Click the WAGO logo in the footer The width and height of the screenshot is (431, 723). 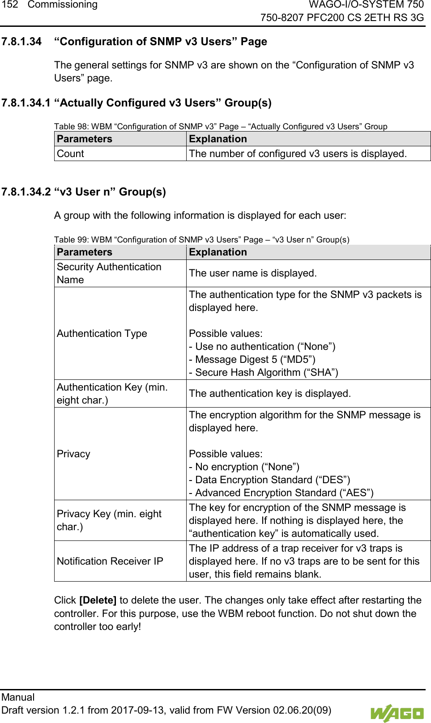pyautogui.click(x=397, y=713)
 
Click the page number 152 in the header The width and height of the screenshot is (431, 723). pyautogui.click(x=9, y=5)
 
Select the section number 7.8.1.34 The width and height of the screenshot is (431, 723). pyautogui.click(x=21, y=42)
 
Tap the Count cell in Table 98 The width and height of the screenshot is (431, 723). pyautogui.click(x=70, y=154)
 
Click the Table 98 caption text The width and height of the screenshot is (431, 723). pyautogui.click(x=220, y=127)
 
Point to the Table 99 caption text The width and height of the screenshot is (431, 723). pyautogui.click(x=201, y=240)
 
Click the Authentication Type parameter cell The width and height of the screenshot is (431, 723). pyautogui.click(x=102, y=334)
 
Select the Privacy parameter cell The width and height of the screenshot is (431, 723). pyautogui.click(x=73, y=454)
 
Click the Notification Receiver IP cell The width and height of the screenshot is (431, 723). pyautogui.click(x=110, y=561)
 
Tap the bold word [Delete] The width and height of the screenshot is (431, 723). pyautogui.click(x=98, y=600)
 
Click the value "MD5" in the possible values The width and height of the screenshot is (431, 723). pyautogui.click(x=298, y=360)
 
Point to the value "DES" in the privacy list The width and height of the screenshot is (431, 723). pyautogui.click(x=333, y=480)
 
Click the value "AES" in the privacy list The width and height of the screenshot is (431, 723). pyautogui.click(x=356, y=493)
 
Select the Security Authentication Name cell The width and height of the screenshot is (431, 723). pyautogui.click(x=109, y=273)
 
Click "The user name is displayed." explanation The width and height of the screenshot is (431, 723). pyautogui.click(x=252, y=273)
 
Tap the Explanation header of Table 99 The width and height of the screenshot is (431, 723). pyautogui.click(x=218, y=252)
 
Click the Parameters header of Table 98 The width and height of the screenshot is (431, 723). pyautogui.click(x=84, y=139)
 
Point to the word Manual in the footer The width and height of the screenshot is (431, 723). pyautogui.click(x=18, y=697)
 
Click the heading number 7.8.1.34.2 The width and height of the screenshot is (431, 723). pyautogui.click(x=26, y=192)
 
